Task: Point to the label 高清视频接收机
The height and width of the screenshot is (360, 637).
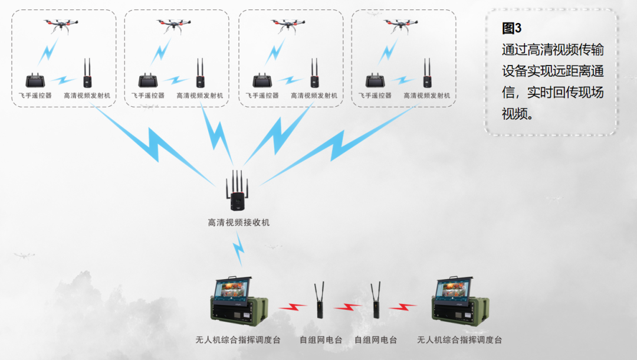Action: pos(239,222)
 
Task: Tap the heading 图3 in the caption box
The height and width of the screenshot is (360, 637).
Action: pos(511,28)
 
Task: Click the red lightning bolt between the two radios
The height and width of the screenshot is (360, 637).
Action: pos(348,307)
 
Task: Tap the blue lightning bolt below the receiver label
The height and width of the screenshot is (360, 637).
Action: pos(238,248)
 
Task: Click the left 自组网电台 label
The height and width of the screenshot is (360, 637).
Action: pos(320,340)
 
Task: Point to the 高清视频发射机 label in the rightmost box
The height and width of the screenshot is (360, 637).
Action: pos(427,96)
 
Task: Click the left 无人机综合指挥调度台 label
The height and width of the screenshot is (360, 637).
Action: pos(238,340)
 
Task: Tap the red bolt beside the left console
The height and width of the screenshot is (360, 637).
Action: pos(293,307)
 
